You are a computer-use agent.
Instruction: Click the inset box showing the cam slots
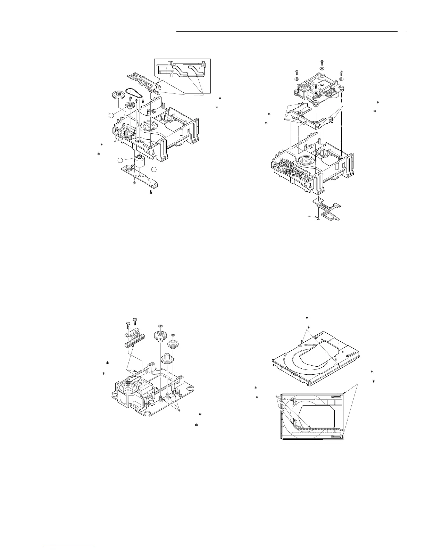[182, 76]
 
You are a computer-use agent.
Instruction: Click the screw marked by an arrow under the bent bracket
[318, 218]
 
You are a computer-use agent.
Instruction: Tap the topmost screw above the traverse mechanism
[322, 62]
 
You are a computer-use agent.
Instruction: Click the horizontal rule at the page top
[286, 32]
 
